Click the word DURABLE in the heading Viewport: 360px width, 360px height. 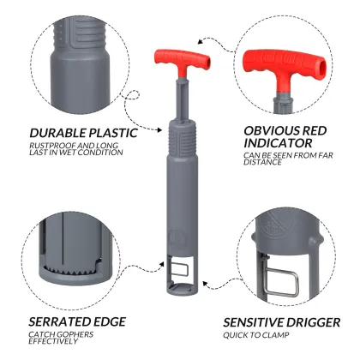(x=57, y=133)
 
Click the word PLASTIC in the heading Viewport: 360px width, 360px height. (x=113, y=133)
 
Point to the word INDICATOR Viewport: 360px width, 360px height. (x=278, y=143)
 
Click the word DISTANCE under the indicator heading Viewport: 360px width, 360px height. (x=262, y=162)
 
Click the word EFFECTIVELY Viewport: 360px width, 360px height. (x=53, y=341)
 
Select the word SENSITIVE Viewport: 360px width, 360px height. (x=253, y=322)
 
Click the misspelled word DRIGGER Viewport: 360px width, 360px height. (x=313, y=322)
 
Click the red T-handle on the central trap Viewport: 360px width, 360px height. (x=183, y=60)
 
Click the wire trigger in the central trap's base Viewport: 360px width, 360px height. (x=179, y=269)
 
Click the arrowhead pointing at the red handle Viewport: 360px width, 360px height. (x=201, y=41)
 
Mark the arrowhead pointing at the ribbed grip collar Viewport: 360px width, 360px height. (x=159, y=130)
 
